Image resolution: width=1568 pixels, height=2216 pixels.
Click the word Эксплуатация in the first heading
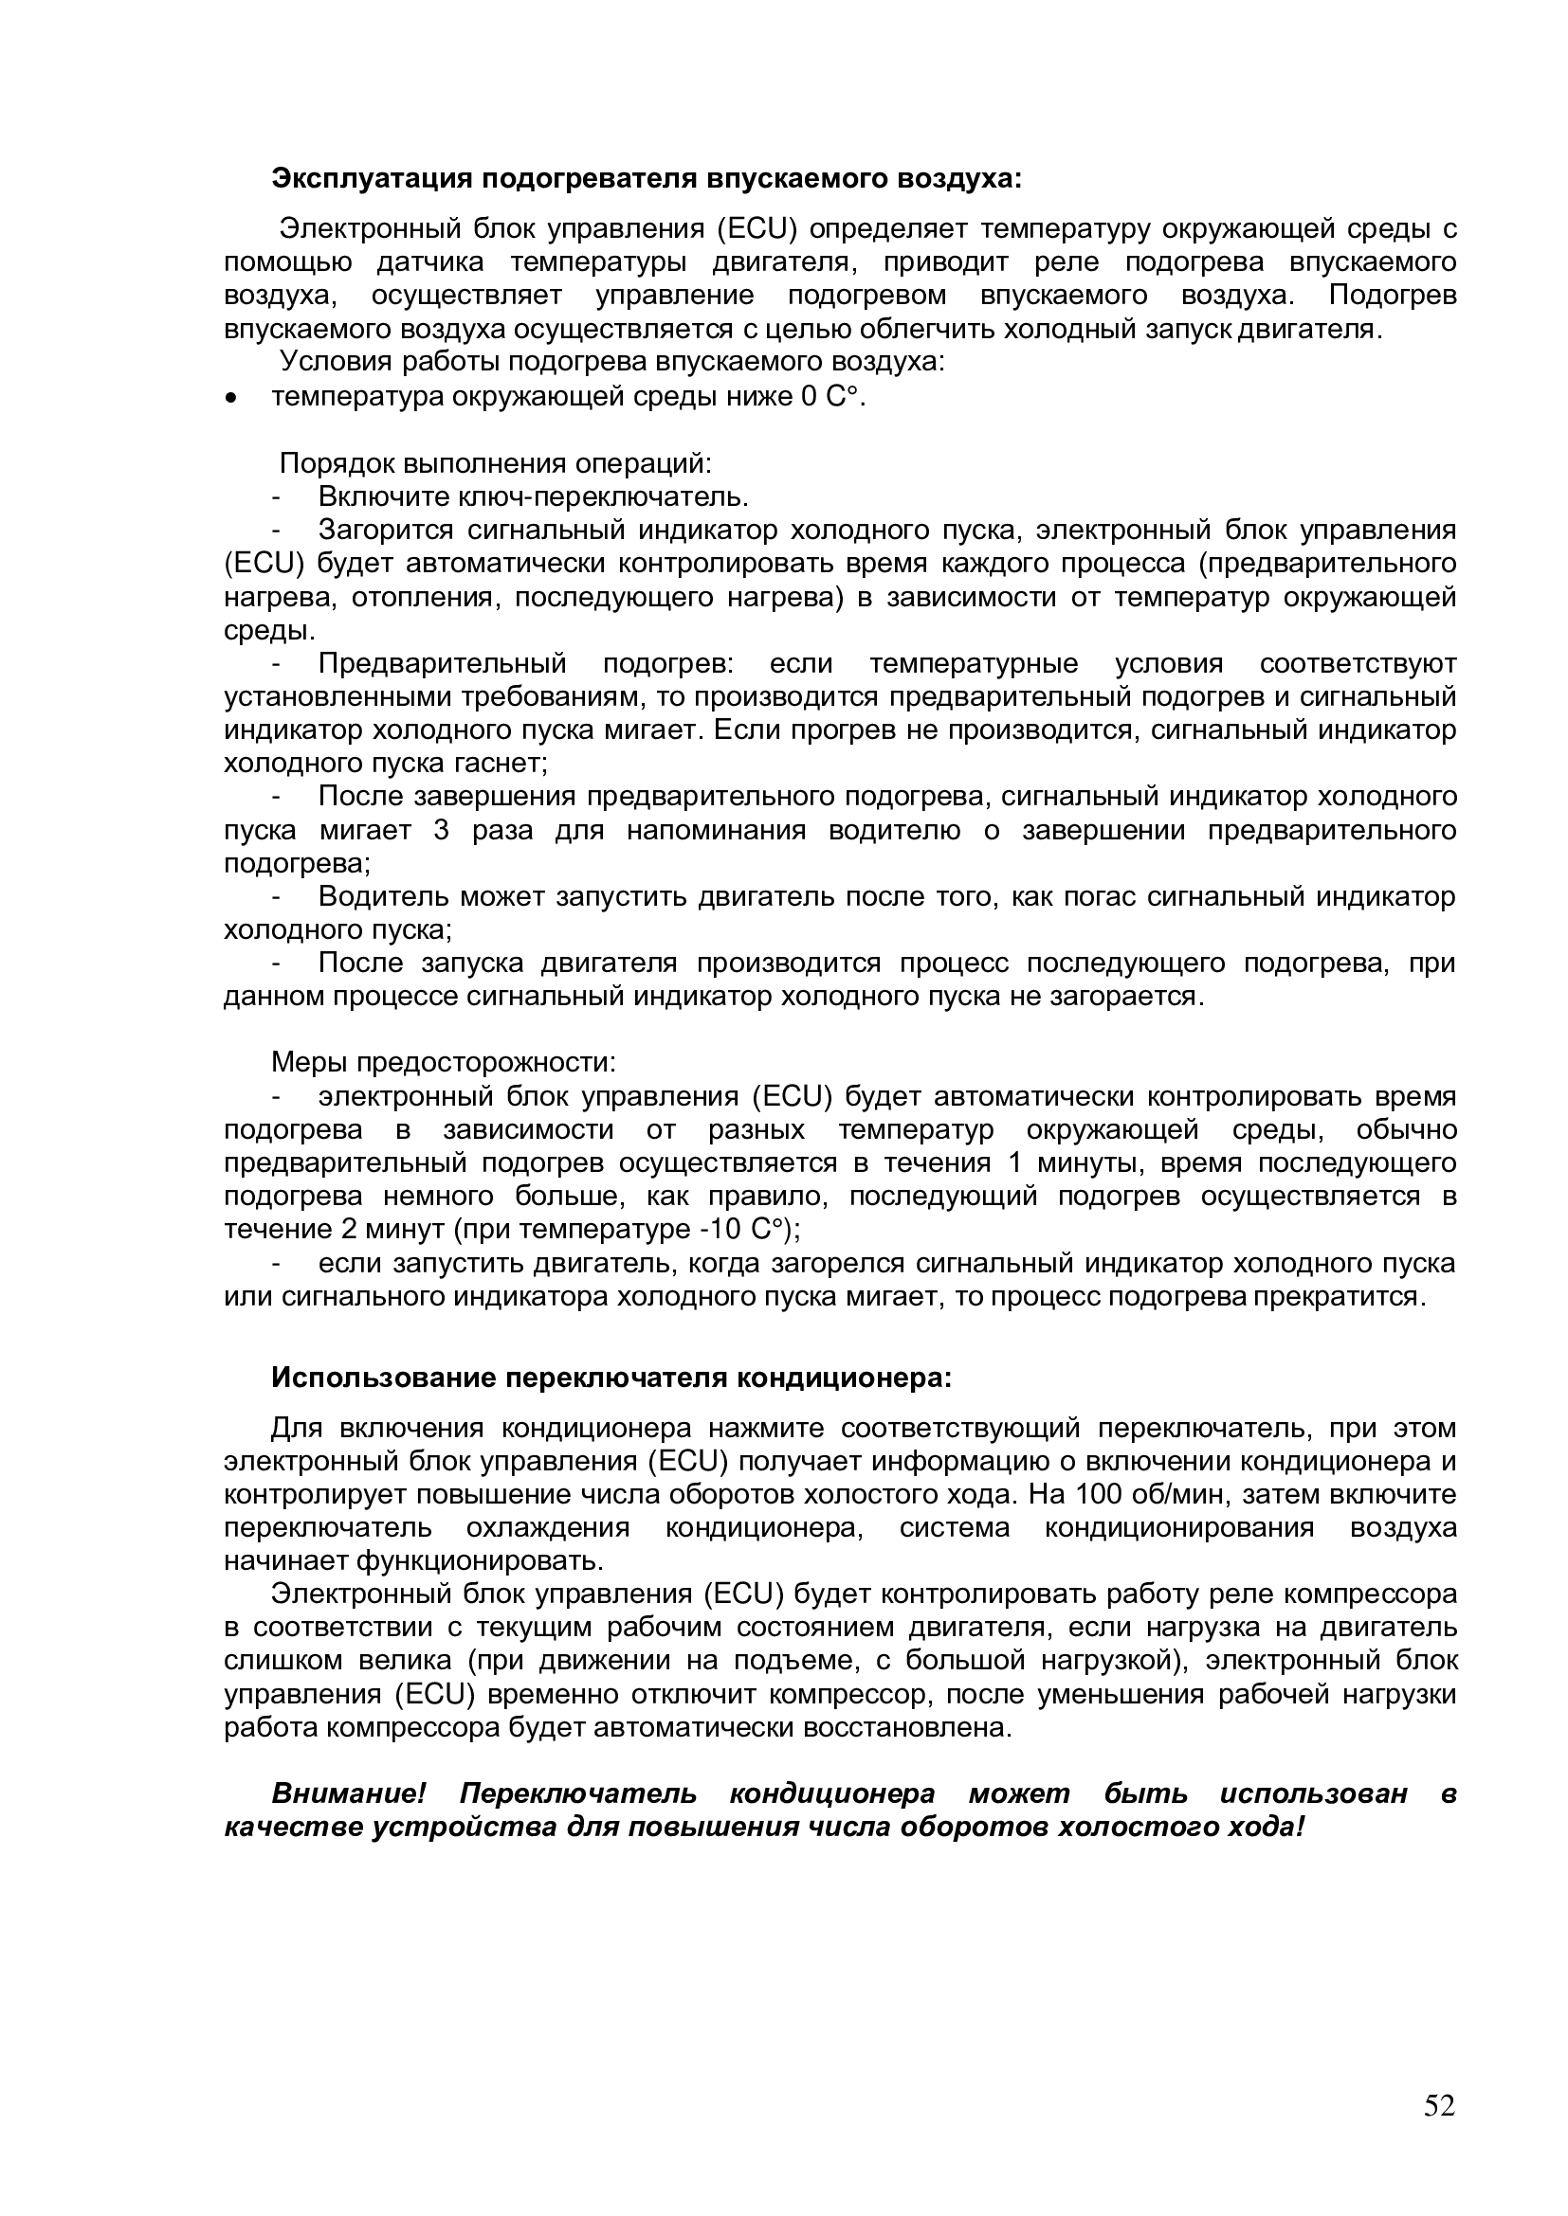pos(372,178)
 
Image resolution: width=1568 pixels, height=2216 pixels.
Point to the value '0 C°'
pos(830,397)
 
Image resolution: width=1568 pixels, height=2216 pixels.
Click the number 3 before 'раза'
pos(441,830)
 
